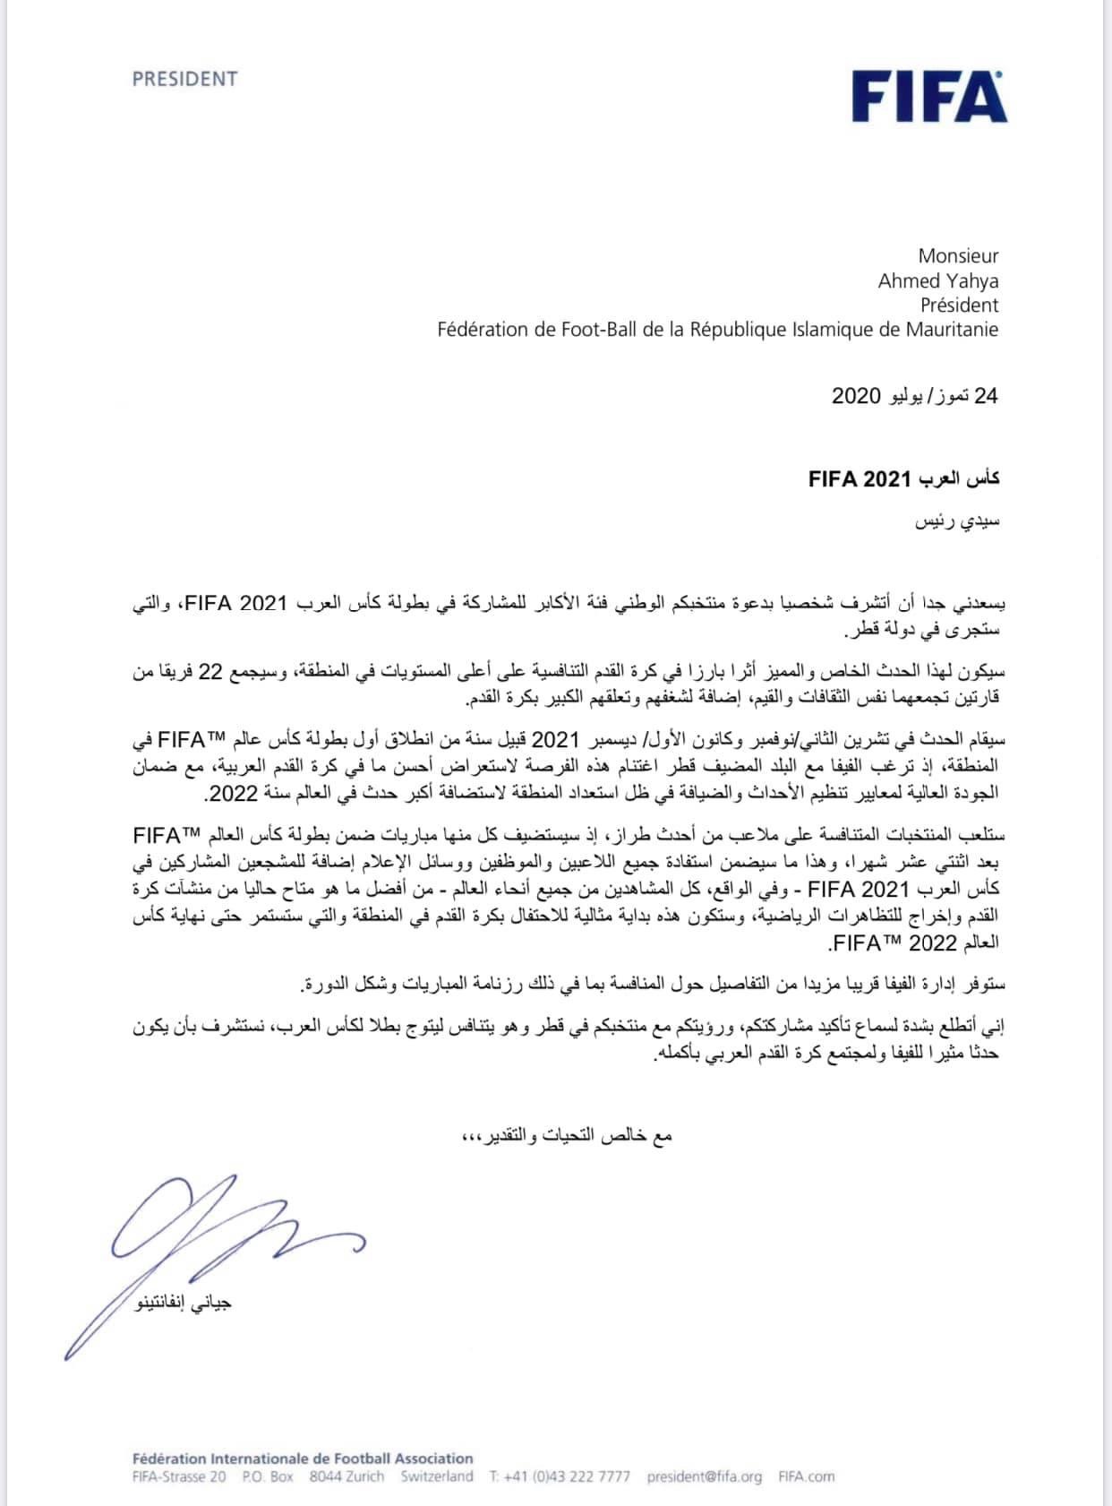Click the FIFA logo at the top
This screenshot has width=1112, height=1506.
(928, 97)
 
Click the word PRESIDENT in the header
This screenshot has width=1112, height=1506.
(185, 79)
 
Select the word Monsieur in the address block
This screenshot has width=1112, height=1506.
(958, 256)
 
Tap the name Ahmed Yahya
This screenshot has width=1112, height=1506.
(937, 280)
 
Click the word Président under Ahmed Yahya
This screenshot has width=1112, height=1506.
(959, 305)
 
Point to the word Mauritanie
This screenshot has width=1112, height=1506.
(949, 329)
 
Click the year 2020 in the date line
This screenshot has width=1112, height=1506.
(857, 395)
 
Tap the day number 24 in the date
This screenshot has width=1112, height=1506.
(986, 395)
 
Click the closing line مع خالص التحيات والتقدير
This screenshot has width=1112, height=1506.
(566, 1137)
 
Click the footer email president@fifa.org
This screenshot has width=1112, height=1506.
(704, 1476)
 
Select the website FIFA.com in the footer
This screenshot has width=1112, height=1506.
(806, 1476)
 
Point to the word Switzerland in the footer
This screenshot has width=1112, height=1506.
(437, 1476)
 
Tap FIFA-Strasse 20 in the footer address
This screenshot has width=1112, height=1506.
(179, 1476)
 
